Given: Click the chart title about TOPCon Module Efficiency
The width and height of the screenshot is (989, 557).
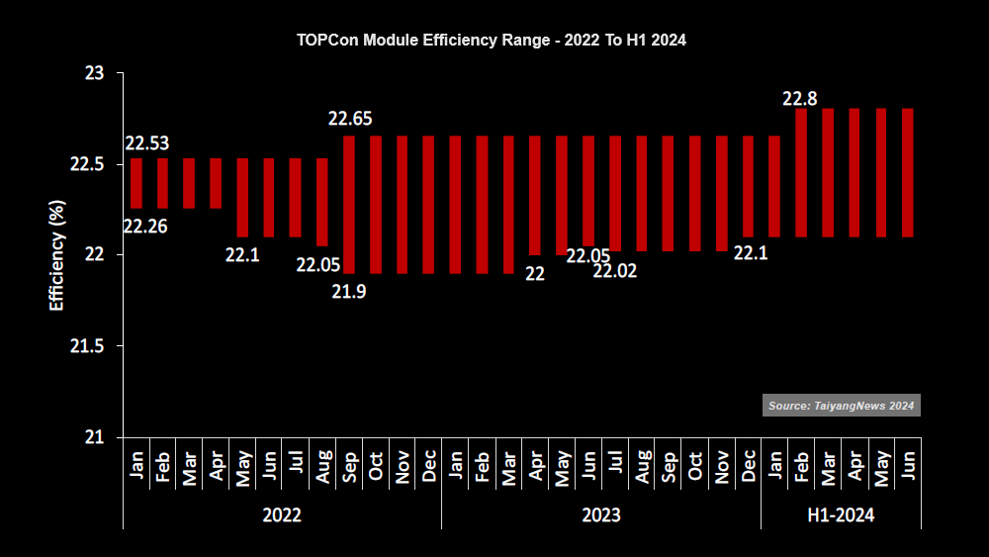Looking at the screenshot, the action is pos(492,41).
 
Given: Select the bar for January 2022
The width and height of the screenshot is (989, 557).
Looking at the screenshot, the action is pos(136,183).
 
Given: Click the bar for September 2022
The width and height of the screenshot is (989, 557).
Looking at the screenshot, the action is pos(349,205).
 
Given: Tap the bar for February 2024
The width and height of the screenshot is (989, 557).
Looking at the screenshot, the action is pos(801,173).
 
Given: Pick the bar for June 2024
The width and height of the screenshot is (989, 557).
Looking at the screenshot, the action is pos(908,173).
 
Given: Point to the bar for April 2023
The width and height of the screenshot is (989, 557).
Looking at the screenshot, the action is pos(535,196).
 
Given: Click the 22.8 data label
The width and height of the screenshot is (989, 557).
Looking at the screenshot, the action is pos(800,99).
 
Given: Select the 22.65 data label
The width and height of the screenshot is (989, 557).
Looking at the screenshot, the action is pos(350,119).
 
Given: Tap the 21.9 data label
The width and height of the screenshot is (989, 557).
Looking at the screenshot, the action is pos(349,292).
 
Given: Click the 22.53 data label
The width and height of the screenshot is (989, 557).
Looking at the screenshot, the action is pos(147,143).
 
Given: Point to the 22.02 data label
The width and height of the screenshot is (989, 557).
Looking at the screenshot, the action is pos(615,271).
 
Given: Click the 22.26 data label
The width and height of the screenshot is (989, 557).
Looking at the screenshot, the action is pos(145,227).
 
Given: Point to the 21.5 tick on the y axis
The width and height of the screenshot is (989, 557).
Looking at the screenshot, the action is pos(87,346).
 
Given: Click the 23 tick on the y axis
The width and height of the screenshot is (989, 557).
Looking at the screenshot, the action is pos(95,74).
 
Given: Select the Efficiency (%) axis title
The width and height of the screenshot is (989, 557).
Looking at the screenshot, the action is pos(56,255).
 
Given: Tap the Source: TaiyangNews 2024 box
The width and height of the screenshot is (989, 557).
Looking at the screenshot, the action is pos(842,406).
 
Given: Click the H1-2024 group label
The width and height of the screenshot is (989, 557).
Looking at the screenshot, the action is pos(841,515).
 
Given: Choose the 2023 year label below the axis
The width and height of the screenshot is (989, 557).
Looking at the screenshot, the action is pos(601,515).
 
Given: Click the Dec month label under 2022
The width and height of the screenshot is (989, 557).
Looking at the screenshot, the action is pos(429,466).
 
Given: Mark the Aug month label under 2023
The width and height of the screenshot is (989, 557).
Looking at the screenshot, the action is pos(642,466).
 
